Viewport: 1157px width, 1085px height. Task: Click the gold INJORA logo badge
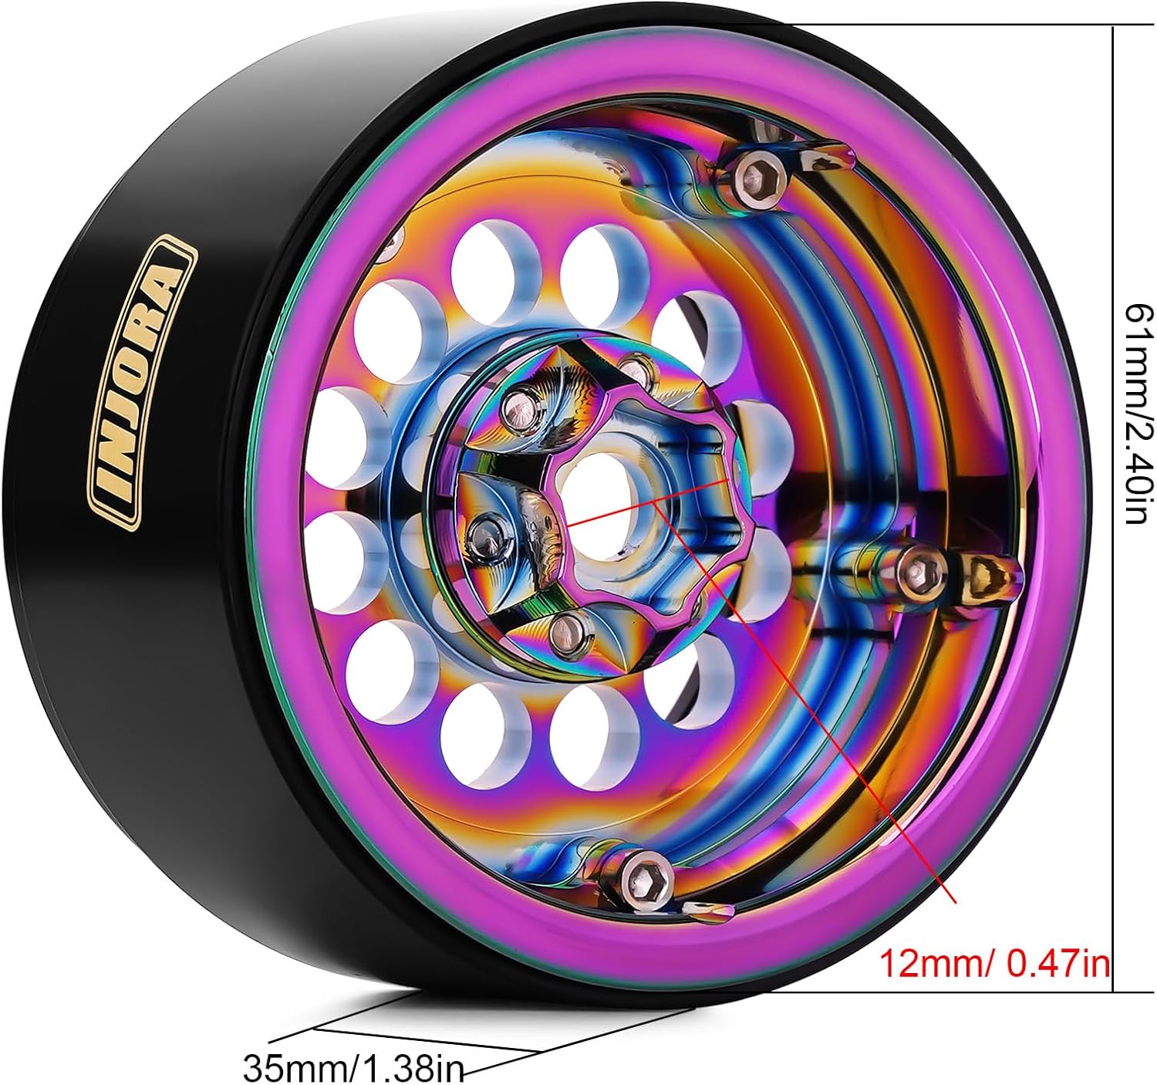pos(142,382)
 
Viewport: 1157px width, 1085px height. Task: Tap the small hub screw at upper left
pos(520,408)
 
